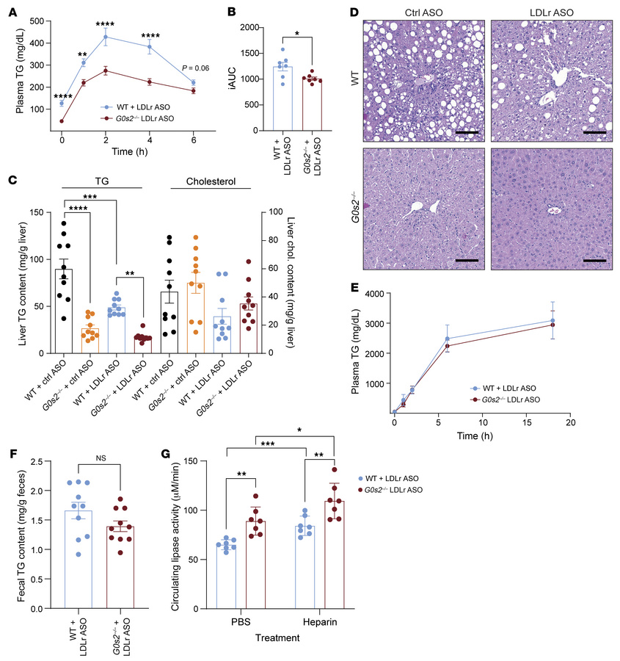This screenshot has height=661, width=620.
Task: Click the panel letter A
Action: (10, 10)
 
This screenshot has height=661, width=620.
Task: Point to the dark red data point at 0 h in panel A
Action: (62, 121)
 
